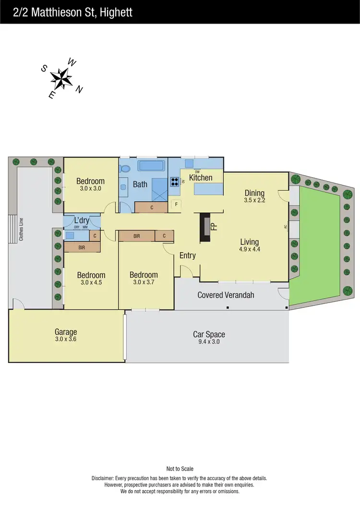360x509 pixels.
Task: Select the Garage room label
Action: click(x=66, y=332)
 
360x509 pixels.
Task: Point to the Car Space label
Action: click(x=209, y=334)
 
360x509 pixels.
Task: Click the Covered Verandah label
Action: click(x=226, y=295)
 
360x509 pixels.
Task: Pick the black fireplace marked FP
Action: click(x=205, y=227)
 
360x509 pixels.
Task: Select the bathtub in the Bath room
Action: click(x=152, y=166)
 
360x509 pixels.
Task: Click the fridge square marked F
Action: click(x=176, y=203)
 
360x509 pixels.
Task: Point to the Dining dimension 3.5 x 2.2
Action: click(x=254, y=200)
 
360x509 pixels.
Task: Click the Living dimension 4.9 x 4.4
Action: click(x=249, y=249)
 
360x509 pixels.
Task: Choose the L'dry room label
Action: click(x=81, y=220)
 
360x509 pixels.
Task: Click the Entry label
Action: click(x=188, y=255)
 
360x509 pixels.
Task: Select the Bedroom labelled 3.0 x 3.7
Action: click(x=144, y=279)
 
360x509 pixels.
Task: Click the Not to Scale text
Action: click(x=180, y=469)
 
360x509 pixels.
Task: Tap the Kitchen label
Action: click(x=201, y=178)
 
